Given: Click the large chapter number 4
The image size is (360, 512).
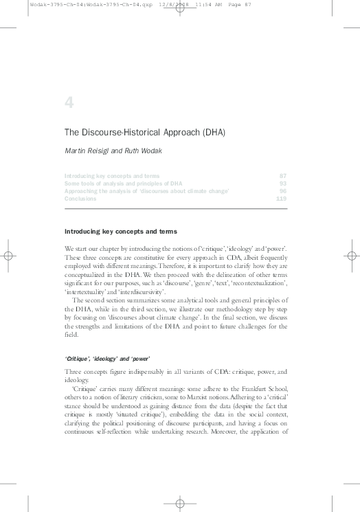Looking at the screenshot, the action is (69, 102).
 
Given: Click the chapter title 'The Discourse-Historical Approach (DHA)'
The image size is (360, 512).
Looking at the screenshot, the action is (145, 131).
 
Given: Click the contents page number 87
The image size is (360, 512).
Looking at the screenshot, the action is (282, 176).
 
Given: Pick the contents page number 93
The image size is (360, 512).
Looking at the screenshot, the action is (282, 183).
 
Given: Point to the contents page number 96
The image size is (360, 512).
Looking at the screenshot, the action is (282, 191).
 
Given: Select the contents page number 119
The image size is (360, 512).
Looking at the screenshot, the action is (280, 199).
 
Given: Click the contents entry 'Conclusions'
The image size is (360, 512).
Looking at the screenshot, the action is (81, 199).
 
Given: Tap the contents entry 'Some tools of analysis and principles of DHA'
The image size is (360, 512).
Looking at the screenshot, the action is (123, 183).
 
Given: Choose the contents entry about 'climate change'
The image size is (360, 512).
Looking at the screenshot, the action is (146, 191).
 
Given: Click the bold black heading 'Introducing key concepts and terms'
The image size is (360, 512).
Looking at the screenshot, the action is (120, 232).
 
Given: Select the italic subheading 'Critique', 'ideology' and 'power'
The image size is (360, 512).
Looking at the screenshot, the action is (106, 358).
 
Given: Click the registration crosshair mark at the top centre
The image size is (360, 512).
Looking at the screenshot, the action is (180, 14).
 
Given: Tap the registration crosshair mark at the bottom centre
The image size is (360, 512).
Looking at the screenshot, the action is (180, 504).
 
